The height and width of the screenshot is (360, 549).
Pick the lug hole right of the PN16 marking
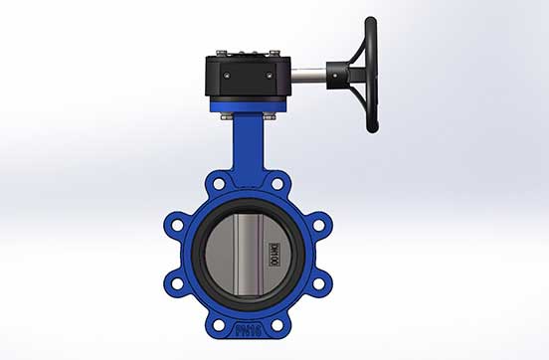(x=279, y=319)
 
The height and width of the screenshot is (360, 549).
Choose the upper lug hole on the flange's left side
(x=177, y=224)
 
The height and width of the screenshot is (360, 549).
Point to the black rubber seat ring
(x=203, y=254)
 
